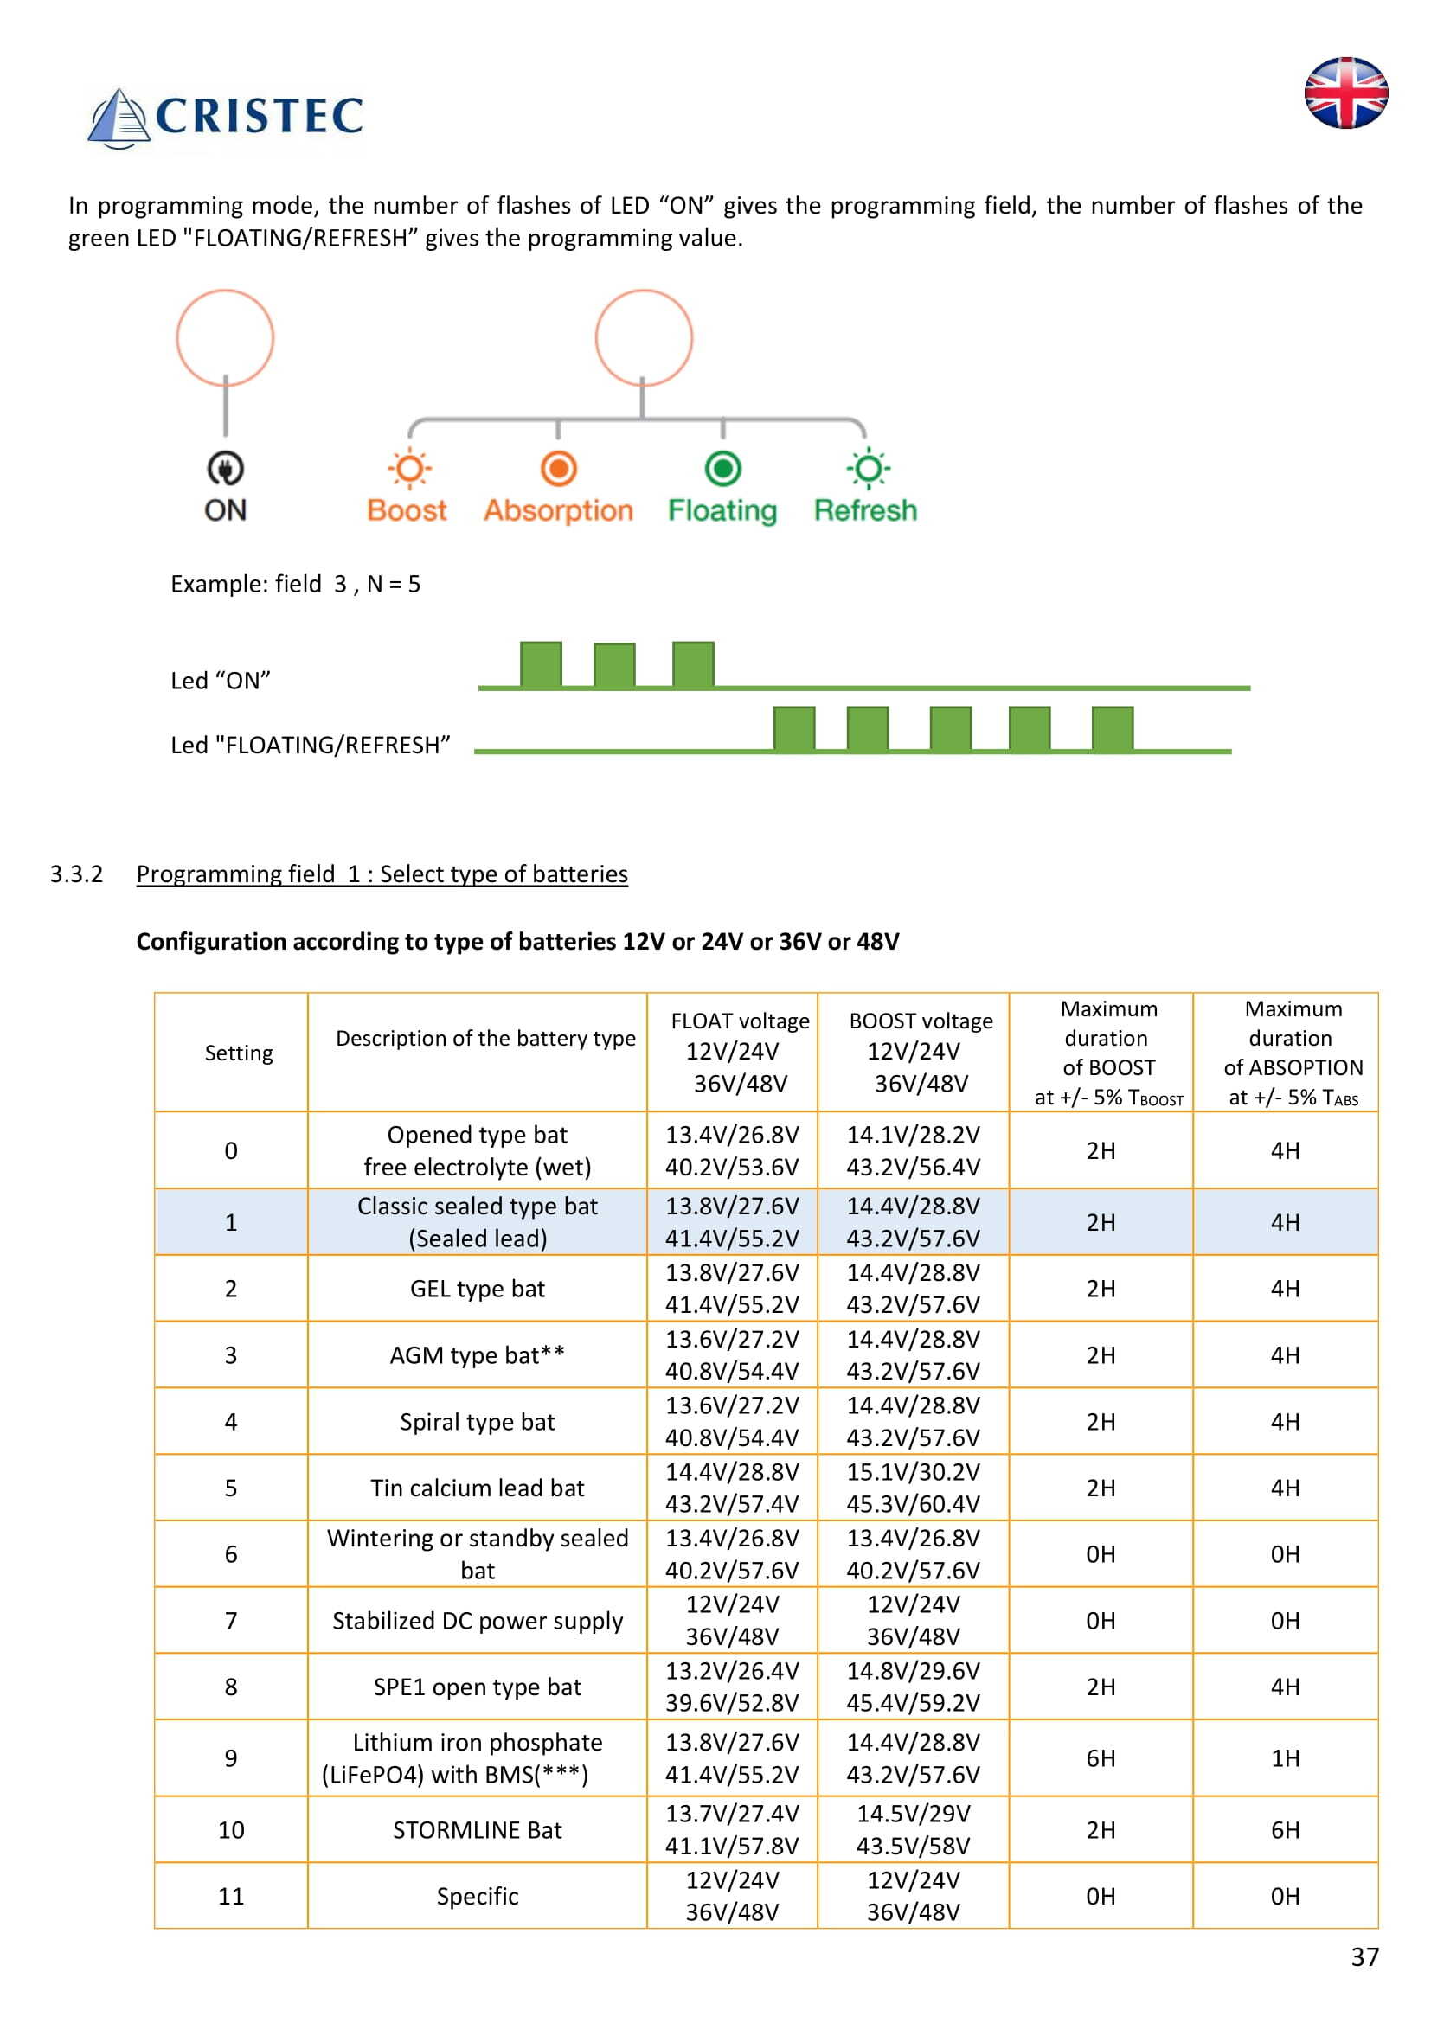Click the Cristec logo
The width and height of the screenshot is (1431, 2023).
226,117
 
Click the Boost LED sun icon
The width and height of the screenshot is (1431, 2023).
409,469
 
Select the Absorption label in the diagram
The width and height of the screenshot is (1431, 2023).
558,511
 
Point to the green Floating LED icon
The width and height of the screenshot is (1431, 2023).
722,469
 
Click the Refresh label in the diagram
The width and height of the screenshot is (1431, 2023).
864,511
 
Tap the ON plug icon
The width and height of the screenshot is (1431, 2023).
226,469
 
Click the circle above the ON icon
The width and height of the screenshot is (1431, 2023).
226,337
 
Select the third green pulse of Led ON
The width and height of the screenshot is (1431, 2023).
693,664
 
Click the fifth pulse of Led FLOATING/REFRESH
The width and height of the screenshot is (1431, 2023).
1112,728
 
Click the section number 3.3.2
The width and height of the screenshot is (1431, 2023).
77,874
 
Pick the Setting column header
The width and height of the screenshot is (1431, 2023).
239,1053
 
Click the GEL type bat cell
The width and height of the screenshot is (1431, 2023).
477,1288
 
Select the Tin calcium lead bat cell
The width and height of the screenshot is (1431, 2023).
477,1488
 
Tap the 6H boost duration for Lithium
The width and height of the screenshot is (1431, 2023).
1101,1757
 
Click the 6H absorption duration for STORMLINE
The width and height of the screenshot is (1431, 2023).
1285,1830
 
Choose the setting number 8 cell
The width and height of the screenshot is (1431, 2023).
231,1687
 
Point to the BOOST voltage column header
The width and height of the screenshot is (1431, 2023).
921,1051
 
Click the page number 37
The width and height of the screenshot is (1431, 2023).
1364,1957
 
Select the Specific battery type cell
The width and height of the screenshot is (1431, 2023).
477,1896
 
